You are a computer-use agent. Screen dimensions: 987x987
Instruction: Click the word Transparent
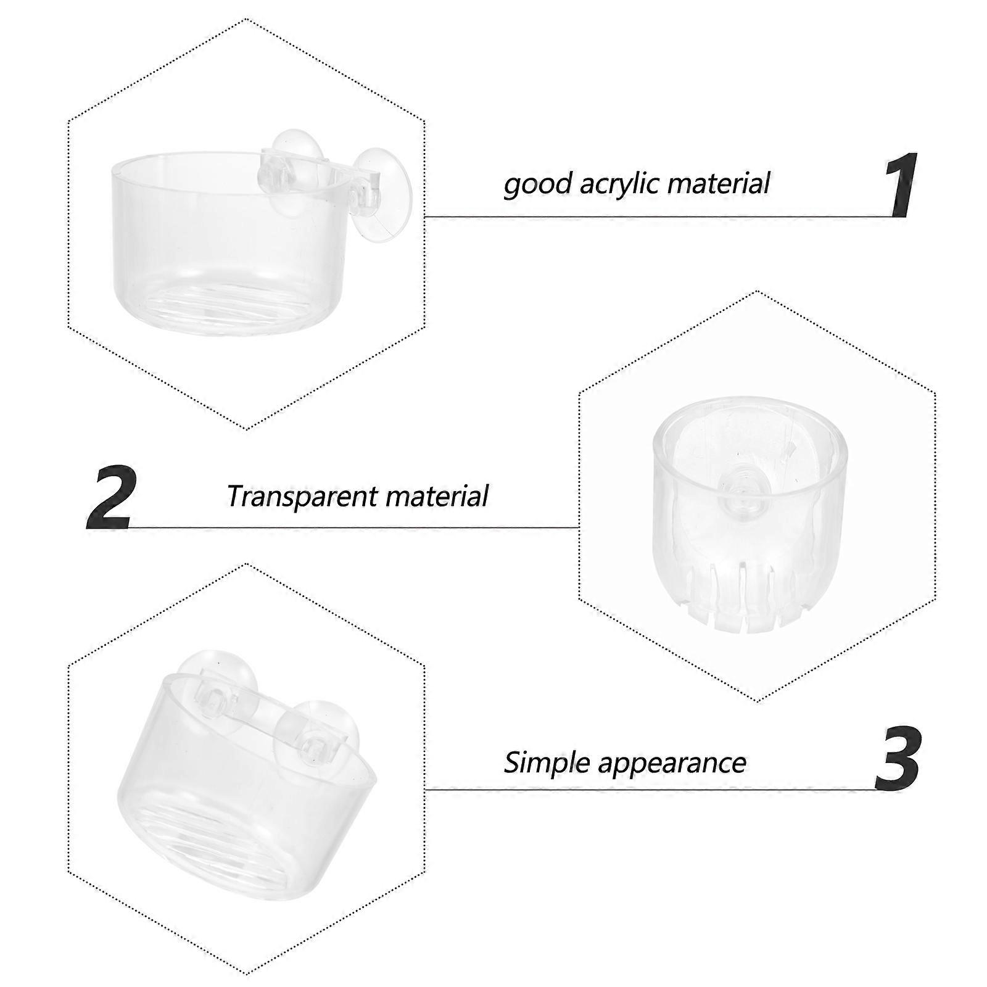click(x=307, y=497)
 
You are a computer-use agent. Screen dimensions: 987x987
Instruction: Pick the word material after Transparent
click(x=440, y=495)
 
